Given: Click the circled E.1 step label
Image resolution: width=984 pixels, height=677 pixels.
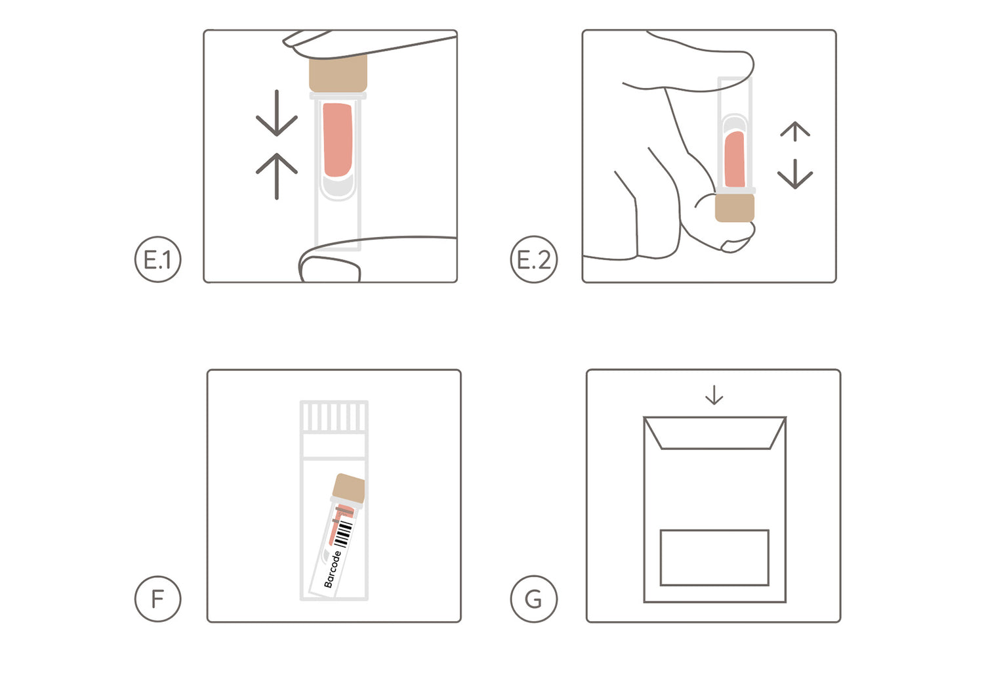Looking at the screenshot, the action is click(x=157, y=259).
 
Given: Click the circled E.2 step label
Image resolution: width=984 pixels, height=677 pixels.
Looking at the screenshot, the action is click(x=534, y=259).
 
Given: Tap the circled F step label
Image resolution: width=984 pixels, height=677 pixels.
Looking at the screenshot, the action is click(x=157, y=599).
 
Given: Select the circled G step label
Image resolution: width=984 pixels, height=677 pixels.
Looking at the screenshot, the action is click(x=534, y=599).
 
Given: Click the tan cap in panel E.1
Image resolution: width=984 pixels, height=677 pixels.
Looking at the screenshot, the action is click(x=338, y=74).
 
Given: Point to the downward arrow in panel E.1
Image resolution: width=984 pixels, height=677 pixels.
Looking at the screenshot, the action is click(x=277, y=113).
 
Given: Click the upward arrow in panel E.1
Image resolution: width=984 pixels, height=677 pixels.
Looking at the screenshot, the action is click(x=277, y=176).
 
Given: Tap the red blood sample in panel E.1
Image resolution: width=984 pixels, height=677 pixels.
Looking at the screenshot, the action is click(x=337, y=140).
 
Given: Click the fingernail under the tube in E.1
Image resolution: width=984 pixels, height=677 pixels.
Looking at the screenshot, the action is click(x=330, y=269).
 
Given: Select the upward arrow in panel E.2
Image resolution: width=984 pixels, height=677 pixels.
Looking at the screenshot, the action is click(x=795, y=131).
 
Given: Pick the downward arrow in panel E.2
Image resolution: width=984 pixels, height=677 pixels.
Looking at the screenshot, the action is click(x=795, y=174).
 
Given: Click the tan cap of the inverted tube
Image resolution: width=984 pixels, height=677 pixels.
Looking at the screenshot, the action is click(x=735, y=208).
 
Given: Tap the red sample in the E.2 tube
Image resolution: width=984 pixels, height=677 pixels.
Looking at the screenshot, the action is click(x=735, y=159).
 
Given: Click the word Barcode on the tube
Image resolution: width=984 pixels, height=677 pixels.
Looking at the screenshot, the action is click(x=332, y=569).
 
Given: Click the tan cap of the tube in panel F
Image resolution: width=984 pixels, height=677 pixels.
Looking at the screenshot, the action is click(x=349, y=488).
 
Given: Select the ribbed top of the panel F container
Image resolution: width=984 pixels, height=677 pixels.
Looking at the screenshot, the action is click(x=334, y=416).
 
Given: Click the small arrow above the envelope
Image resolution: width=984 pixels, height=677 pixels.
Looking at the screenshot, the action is click(x=714, y=395).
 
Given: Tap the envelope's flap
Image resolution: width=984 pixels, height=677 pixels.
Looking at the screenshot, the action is click(x=715, y=433).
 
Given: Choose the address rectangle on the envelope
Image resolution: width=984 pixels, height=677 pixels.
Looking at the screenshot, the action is click(x=715, y=557).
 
